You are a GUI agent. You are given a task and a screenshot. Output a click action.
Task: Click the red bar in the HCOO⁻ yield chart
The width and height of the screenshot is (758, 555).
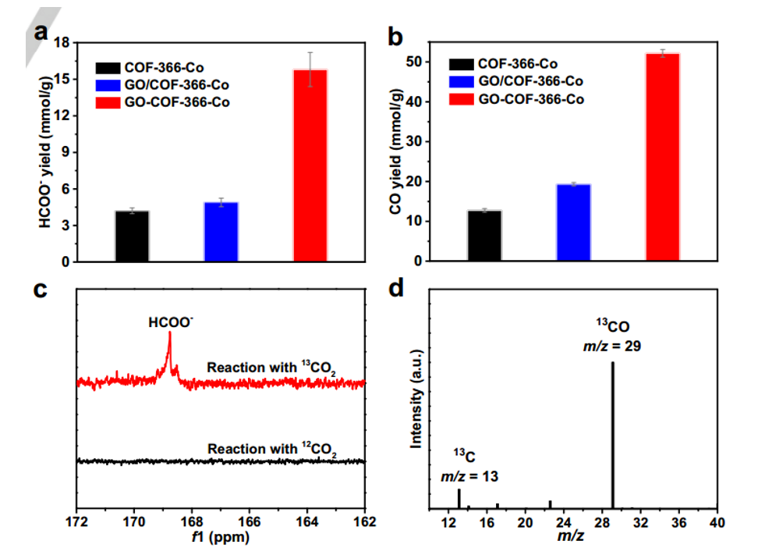310,165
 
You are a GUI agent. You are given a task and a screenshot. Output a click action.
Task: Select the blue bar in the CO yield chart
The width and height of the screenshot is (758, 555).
573,223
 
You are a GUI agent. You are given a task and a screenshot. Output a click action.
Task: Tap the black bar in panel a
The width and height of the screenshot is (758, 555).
132,236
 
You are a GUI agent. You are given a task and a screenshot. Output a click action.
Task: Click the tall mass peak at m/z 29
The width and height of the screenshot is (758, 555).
612,434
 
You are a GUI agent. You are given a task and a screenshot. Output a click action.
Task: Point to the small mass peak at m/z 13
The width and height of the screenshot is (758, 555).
459,498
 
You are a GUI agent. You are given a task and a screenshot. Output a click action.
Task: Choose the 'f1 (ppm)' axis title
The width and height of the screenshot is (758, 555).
221,538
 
